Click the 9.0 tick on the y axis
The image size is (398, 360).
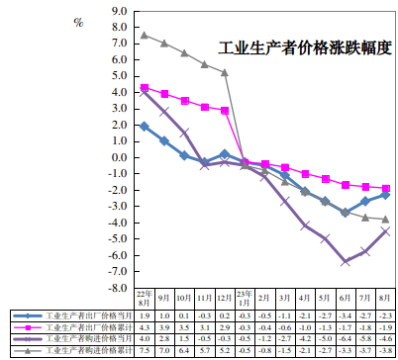121,13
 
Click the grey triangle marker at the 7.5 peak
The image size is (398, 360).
145,36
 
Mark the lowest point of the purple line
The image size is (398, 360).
345,261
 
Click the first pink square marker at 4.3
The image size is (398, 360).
145,88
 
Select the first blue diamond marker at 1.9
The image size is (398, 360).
145,127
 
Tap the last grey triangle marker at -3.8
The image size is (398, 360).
385,220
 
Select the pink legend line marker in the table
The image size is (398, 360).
28,326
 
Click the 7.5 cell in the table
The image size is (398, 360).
145,350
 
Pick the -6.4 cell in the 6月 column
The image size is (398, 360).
345,338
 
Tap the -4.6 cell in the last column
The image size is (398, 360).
385,338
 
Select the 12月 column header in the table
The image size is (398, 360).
225,297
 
